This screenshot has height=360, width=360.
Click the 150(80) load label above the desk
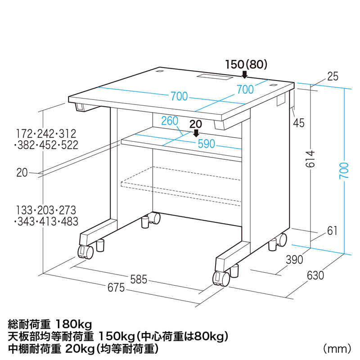click(x=246, y=64)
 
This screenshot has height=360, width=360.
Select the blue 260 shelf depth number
click(x=170, y=121)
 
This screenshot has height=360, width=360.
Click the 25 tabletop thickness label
click(x=333, y=76)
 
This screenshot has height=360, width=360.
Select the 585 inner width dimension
click(x=138, y=279)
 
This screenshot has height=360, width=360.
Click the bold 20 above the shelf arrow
click(x=195, y=124)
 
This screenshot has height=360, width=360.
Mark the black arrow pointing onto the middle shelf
click(x=196, y=133)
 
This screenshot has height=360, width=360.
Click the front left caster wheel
click(x=85, y=252)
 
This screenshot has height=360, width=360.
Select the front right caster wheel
click(x=220, y=279)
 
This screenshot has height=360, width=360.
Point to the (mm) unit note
click(x=337, y=348)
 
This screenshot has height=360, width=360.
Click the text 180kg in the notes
click(x=73, y=324)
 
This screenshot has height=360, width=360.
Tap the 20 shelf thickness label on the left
click(x=22, y=171)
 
